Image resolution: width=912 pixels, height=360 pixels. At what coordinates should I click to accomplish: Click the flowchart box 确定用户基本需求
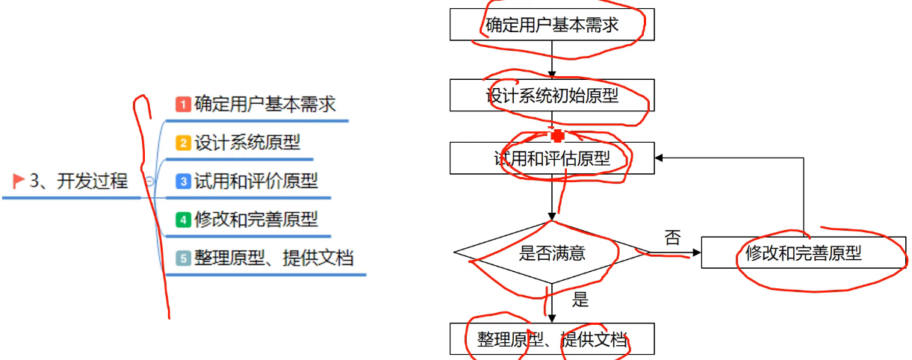click(552, 25)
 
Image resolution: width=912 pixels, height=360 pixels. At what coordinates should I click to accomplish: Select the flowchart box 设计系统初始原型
click(552, 95)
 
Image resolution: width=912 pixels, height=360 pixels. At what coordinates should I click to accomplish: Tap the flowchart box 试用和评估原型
click(552, 158)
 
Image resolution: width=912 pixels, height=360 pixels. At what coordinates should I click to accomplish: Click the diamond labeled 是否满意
click(552, 252)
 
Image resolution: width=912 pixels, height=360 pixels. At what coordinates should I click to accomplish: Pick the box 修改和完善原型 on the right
click(804, 252)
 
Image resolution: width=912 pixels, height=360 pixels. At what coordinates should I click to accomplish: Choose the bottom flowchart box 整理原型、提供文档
click(552, 338)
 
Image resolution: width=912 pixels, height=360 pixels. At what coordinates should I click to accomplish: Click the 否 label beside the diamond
click(672, 238)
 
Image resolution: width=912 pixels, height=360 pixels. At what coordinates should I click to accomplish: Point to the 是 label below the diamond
click(580, 300)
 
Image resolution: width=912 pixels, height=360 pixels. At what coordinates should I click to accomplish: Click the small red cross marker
click(556, 135)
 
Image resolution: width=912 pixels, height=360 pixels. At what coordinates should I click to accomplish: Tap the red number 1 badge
click(183, 104)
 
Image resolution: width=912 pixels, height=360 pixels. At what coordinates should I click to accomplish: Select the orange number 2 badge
click(183, 143)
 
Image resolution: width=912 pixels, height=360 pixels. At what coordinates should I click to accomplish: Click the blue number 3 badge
click(183, 181)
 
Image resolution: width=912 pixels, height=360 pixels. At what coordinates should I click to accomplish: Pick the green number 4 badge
click(183, 220)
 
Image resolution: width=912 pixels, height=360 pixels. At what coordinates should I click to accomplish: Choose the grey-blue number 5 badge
click(183, 258)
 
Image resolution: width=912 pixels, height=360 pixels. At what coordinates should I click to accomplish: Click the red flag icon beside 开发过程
click(19, 181)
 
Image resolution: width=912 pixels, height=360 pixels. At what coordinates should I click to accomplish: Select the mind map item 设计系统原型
click(247, 142)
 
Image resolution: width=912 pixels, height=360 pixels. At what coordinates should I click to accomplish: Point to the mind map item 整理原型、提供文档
click(273, 258)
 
